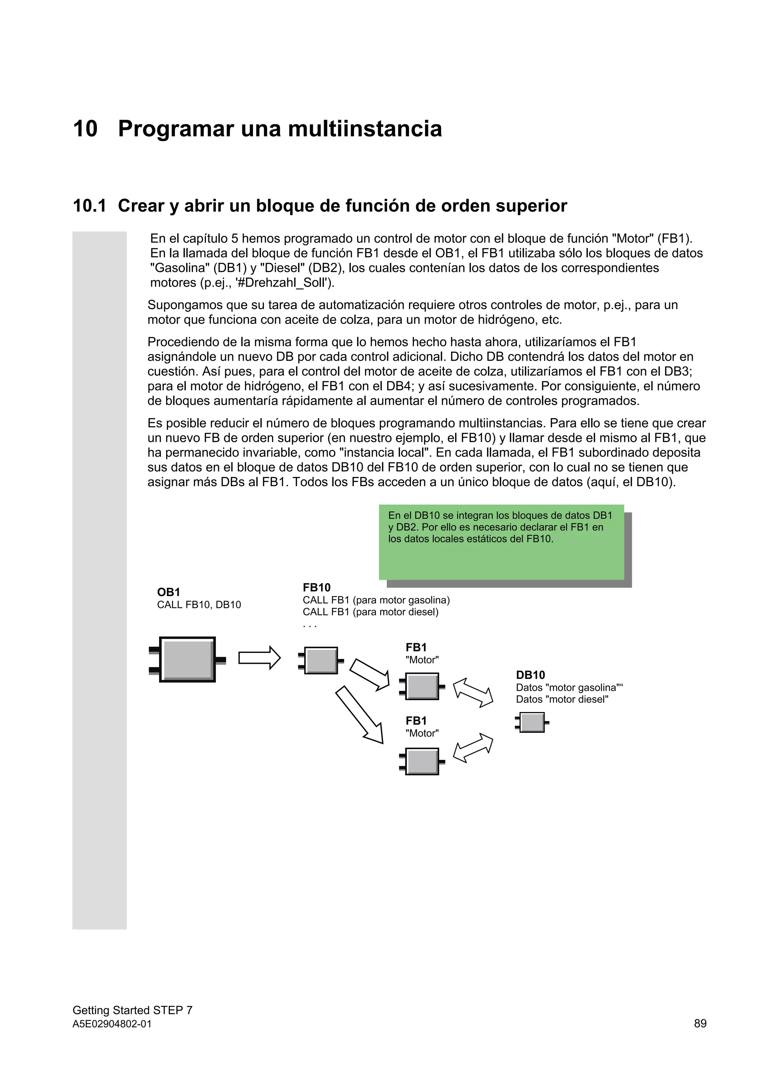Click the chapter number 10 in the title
click(85, 129)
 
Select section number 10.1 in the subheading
click(89, 206)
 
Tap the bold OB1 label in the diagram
click(168, 592)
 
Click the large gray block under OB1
click(187, 659)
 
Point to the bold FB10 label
click(317, 587)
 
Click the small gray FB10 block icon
click(321, 660)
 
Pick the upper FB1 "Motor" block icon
click(422, 686)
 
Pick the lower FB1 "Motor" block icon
click(422, 761)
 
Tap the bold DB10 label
click(530, 675)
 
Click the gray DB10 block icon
click(532, 722)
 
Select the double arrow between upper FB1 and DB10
click(473, 693)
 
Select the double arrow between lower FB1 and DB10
click(473, 748)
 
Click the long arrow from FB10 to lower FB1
click(359, 715)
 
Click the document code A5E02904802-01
click(112, 1024)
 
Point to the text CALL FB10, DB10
click(199, 605)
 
